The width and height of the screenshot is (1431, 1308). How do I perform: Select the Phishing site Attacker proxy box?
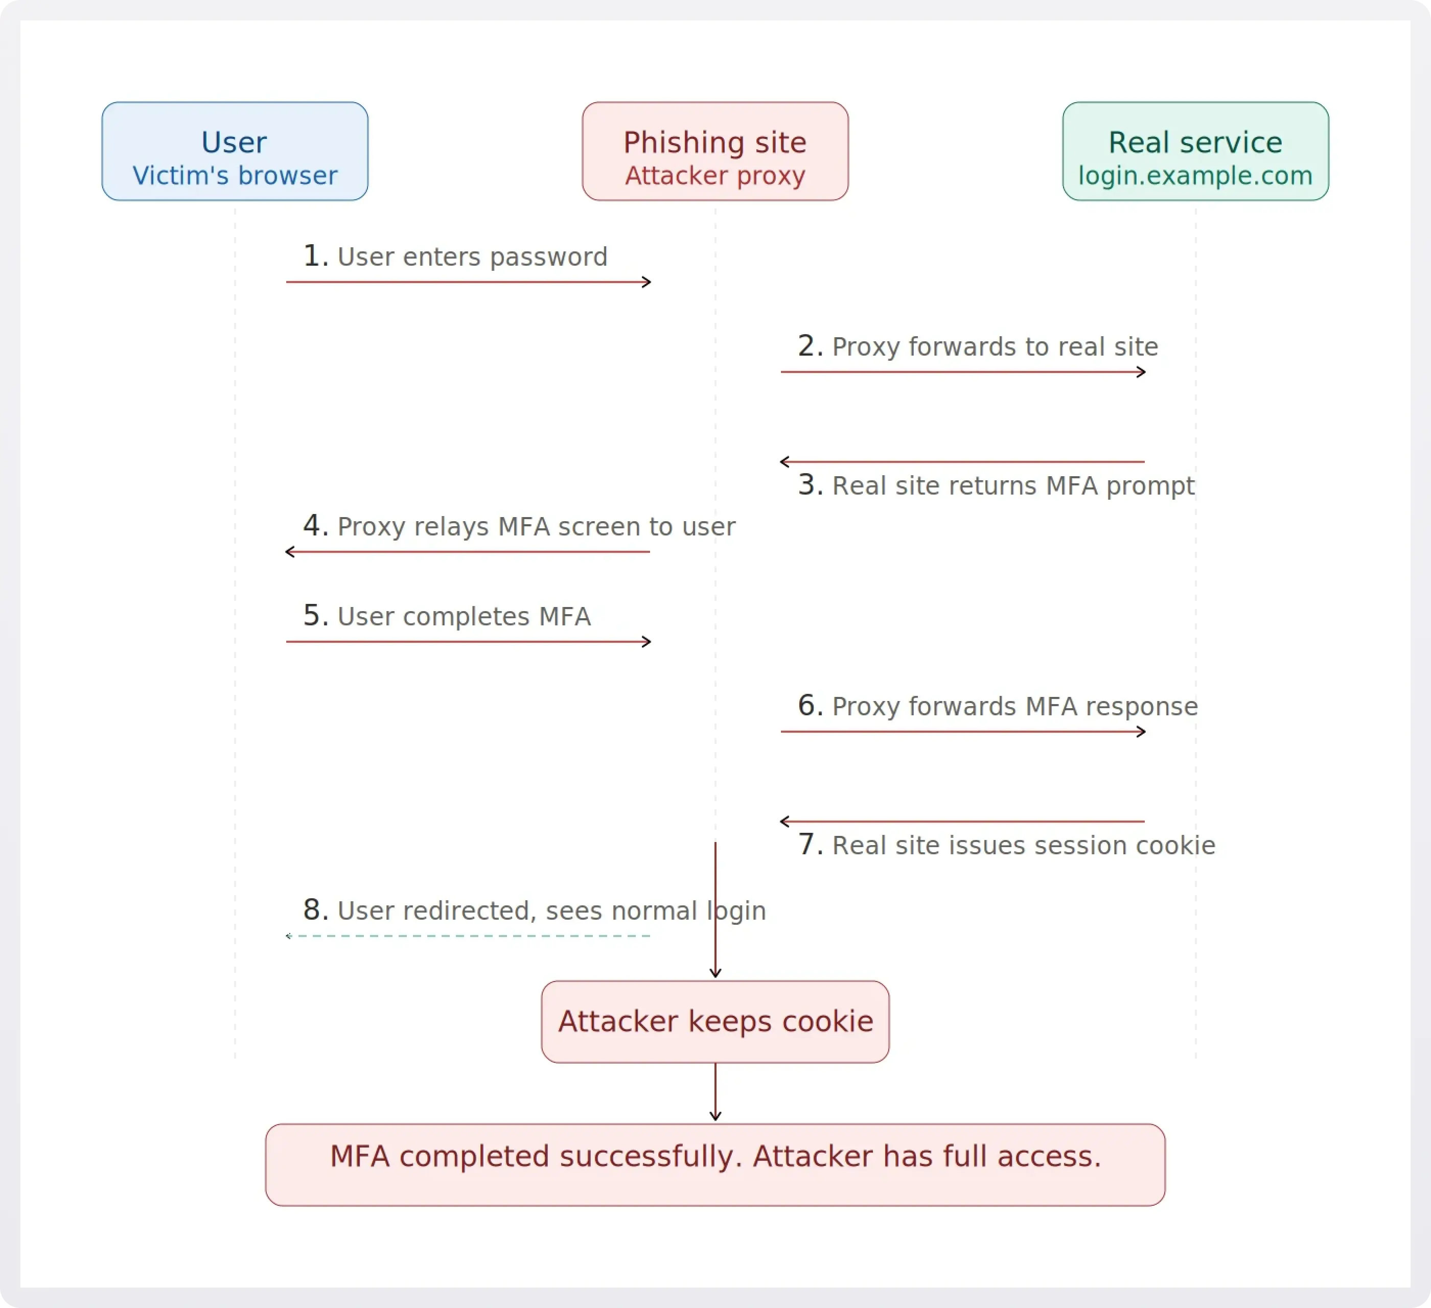click(715, 151)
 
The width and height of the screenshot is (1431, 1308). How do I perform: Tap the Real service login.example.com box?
click(1195, 151)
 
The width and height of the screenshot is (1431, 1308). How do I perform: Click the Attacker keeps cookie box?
click(715, 1021)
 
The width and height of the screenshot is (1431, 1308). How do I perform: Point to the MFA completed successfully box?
click(715, 1164)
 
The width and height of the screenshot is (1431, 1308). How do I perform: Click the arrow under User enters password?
click(469, 282)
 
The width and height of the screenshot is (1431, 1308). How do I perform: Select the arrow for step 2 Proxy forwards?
click(963, 372)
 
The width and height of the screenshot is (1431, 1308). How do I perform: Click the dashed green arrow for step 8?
click(469, 936)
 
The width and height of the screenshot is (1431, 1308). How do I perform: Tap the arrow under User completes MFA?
click(469, 642)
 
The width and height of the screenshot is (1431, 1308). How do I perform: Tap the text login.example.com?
click(1195, 175)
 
